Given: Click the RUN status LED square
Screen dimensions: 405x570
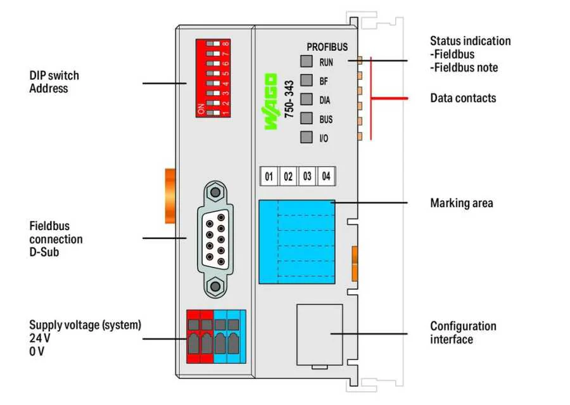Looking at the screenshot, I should point(307,61).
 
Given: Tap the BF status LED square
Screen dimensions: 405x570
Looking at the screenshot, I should point(307,80).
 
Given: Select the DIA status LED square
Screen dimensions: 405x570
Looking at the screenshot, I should point(307,100).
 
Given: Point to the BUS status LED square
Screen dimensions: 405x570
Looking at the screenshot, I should point(307,119).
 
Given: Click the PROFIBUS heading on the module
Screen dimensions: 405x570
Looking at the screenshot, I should point(327,47).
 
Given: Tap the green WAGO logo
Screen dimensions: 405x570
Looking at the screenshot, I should point(270,101).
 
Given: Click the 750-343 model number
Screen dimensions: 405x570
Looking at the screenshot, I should point(289,108).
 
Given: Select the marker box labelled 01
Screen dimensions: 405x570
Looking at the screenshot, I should point(269,177).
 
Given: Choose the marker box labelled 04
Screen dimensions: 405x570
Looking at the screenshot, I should point(326,177).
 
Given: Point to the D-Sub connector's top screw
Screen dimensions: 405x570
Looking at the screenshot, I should point(216,191).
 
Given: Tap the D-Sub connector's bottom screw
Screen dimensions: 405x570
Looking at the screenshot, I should point(216,286).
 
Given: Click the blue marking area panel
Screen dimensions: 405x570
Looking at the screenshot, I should point(296,241).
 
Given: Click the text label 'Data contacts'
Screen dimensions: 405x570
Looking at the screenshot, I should point(463,98).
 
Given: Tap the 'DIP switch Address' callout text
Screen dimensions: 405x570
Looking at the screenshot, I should point(54,82).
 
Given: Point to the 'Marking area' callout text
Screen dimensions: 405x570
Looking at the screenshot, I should point(461,203).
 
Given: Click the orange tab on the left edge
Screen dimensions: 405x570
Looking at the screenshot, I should point(170,196).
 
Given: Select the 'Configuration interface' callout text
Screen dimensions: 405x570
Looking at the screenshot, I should point(463,333).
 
